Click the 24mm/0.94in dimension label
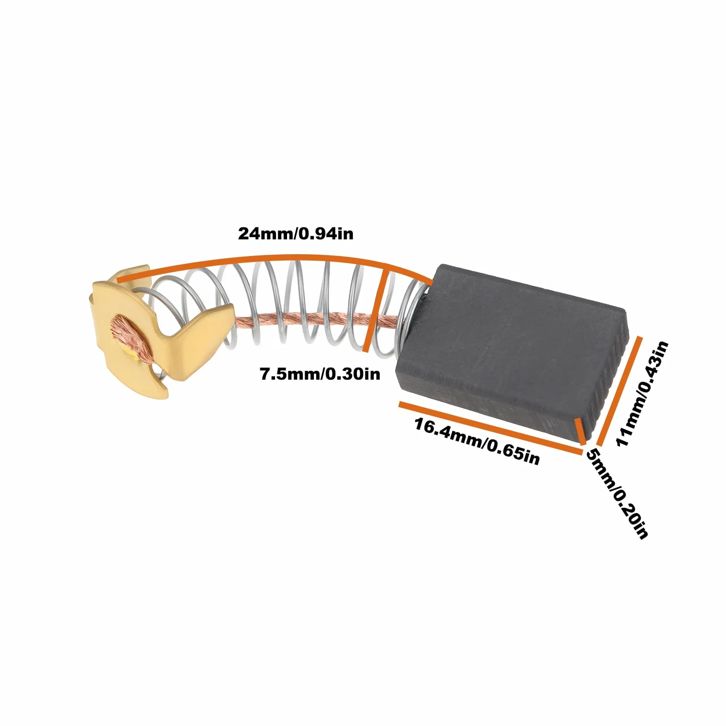point(295,233)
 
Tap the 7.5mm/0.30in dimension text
point(320,374)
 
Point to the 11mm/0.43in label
point(642,394)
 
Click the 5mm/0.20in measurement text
point(617,494)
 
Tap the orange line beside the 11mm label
point(618,390)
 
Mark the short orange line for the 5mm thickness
point(580,432)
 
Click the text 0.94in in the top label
point(326,233)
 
